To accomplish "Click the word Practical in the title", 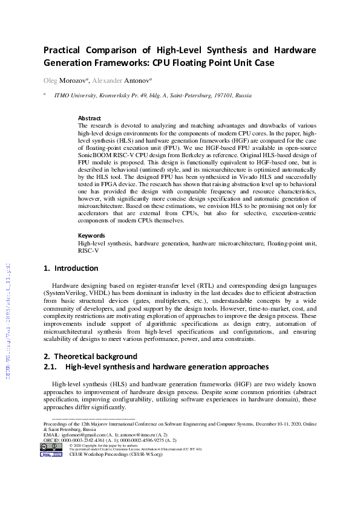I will (65, 50).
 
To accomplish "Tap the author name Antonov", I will (136, 80).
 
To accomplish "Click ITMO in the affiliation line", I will (63, 96).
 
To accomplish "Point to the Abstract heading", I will (90, 118).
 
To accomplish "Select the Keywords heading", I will (92, 235).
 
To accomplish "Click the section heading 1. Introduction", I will (71, 268).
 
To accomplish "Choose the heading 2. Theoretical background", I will (90, 356).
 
